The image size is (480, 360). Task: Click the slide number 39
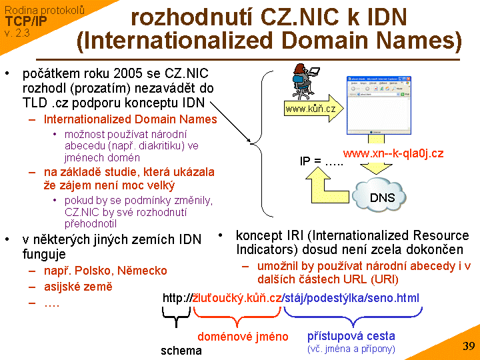pos(468,346)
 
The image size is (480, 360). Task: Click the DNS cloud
pos(383,195)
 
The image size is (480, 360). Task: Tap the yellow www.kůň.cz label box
pos(311,109)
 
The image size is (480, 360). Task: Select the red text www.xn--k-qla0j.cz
pos(393,153)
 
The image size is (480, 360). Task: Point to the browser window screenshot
pos(376,105)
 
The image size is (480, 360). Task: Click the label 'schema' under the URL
pos(181,350)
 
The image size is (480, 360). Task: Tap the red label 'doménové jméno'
pos(243,337)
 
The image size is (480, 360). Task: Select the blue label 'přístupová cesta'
pos(351,336)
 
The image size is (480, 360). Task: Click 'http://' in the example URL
pos(177,298)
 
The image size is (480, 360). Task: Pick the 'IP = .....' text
pos(321,161)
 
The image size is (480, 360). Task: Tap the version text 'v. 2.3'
pos(17,32)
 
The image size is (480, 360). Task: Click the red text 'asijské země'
pos(78,287)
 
